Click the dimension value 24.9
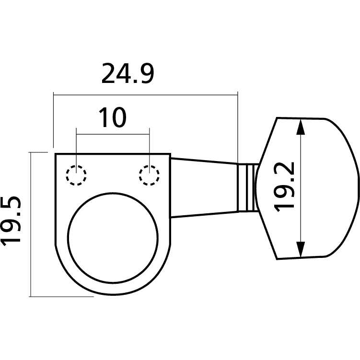point(128,73)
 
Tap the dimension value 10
point(113,117)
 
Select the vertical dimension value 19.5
point(11,221)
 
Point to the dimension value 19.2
point(284,187)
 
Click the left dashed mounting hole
point(76,175)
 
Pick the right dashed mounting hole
point(149,175)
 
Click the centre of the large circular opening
point(113,238)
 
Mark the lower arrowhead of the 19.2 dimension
point(301,249)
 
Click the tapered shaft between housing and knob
point(204,187)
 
